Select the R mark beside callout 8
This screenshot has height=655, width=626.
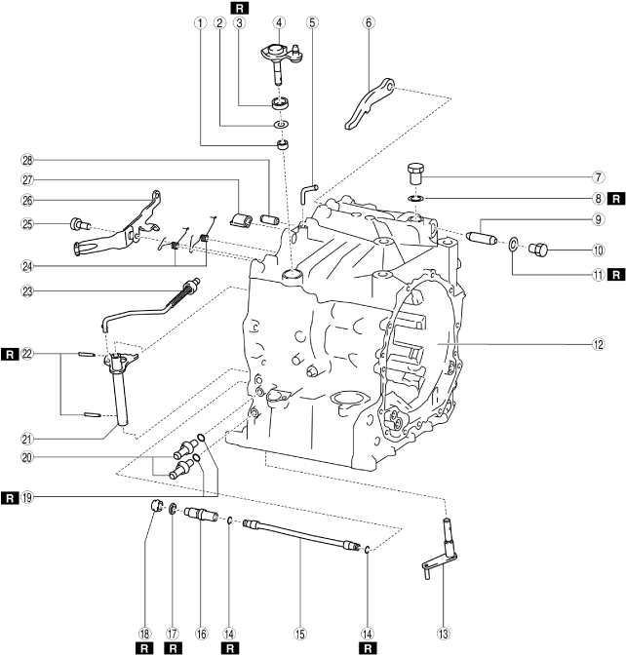(615, 198)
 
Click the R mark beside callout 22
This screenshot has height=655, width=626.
(9, 353)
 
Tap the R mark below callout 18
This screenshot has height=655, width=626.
(143, 647)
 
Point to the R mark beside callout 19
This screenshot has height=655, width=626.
(9, 497)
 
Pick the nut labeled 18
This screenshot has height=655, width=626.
(154, 506)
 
